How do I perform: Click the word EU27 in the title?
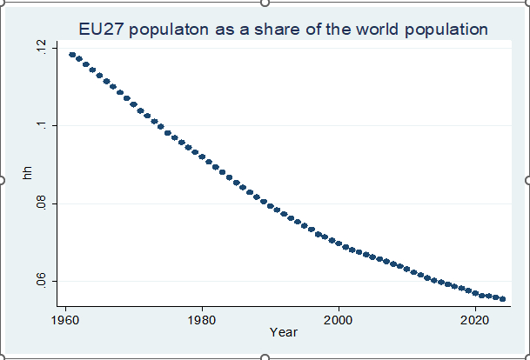coord(101,30)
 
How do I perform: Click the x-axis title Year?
coord(284,332)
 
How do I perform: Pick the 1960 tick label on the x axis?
coord(65,318)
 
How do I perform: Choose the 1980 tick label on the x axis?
coord(202,318)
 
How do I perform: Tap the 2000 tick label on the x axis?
coord(339,318)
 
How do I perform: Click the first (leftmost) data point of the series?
coord(72,55)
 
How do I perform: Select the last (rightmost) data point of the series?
coord(502,298)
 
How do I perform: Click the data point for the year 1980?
coord(202,157)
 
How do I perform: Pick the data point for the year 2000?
coord(339,243)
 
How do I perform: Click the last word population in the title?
coord(447,30)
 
